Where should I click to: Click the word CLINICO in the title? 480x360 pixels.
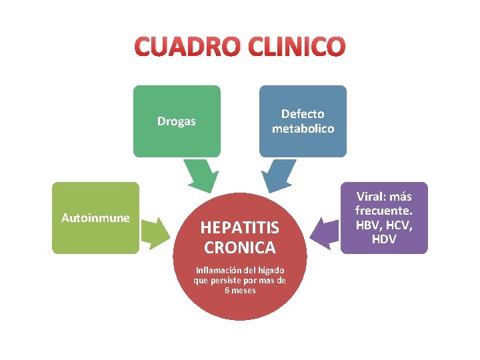pos(297,47)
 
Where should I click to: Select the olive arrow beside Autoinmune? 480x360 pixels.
pos(155,232)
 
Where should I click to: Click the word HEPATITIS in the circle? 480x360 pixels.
pos(240,228)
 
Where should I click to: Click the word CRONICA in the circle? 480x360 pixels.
pos(240,248)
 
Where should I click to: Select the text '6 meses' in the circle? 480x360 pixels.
pos(240,291)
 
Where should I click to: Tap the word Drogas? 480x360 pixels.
pos(177,121)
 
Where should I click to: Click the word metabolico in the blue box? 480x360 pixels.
pos(303,129)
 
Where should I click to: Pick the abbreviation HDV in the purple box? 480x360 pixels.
pos(384,239)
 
